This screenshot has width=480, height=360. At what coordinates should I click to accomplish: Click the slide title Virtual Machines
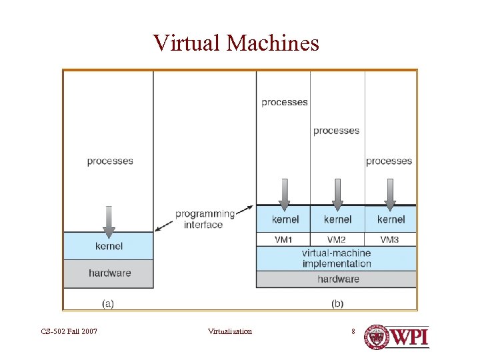236,43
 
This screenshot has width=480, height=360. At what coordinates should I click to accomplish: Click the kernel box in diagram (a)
109,246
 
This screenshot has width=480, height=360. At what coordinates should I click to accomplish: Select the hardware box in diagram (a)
109,273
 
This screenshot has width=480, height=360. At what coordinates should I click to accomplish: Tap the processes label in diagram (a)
110,161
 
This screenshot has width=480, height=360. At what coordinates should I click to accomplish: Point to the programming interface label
205,219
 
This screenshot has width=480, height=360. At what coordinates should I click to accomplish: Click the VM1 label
283,239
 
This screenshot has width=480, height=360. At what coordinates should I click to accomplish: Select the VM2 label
337,239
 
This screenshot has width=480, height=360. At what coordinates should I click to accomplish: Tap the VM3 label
390,239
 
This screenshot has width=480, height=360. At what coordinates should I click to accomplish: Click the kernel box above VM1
285,219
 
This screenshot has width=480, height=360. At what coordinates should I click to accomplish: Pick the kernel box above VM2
337,219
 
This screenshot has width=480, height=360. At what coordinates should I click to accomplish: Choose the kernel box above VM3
391,219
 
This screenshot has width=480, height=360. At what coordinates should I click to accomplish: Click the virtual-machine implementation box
336,258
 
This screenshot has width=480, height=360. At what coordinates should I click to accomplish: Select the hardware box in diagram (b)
336,279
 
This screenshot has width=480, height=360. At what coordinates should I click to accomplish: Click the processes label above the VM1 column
285,102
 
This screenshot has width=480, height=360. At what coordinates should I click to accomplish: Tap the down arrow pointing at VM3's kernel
390,194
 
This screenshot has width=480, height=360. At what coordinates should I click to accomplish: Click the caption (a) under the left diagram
107,303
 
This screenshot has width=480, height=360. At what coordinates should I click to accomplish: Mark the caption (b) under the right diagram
337,303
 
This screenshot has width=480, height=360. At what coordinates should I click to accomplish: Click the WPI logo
396,337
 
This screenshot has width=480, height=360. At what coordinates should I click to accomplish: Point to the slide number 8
354,331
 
